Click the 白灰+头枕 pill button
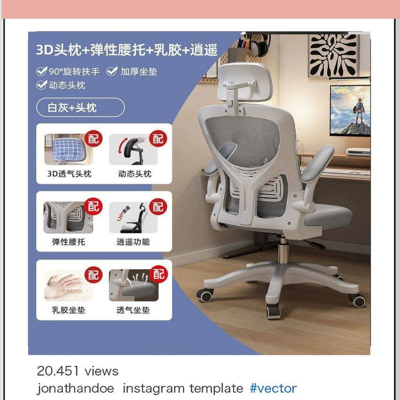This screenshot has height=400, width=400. point(80,107)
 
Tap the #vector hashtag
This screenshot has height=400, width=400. point(273,388)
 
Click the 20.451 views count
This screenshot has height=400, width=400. point(78,371)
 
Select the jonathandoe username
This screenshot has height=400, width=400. point(75,389)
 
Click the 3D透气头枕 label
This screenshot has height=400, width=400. point(69,174)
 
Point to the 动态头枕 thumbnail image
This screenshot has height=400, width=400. point(133,150)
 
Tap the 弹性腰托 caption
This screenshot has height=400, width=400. point(68,242)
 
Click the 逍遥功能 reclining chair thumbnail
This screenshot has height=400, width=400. point(133,218)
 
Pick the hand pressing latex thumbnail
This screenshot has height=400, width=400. point(68,286)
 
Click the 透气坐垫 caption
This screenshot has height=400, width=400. point(133,310)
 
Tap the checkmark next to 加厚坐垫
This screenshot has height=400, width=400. point(112,71)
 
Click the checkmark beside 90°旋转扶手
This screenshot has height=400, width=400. point(41,71)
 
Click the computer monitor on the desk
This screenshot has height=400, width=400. point(350,110)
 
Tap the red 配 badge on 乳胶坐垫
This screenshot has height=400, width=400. point(93,275)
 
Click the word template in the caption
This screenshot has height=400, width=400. point(216,389)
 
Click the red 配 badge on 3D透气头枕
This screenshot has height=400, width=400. point(93,139)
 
